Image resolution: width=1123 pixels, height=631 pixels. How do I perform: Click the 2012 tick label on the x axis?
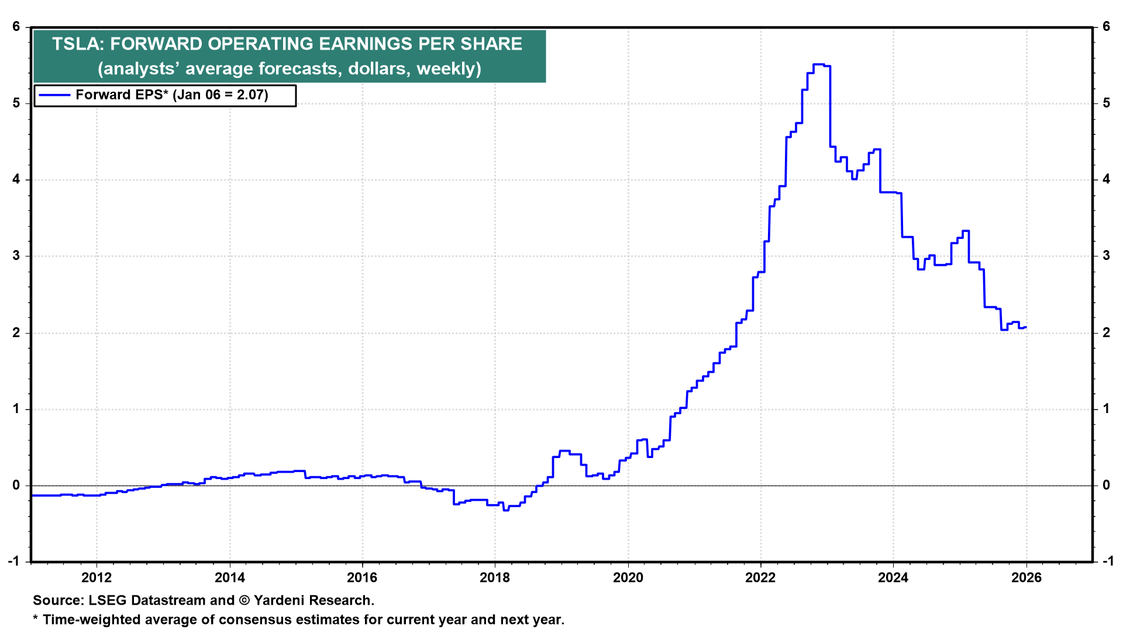tap(97, 578)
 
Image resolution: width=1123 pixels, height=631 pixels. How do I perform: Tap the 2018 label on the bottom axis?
tap(495, 578)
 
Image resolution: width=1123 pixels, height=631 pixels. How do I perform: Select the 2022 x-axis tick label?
tap(760, 578)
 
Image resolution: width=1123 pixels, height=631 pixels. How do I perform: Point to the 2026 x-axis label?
tap(1026, 578)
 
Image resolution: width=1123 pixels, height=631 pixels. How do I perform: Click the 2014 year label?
tap(230, 578)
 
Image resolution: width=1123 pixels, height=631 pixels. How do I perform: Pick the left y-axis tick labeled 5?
tap(16, 103)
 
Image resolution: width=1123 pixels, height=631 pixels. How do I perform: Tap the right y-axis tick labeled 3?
tap(1106, 256)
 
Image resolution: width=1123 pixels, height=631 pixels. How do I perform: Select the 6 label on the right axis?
tap(1106, 27)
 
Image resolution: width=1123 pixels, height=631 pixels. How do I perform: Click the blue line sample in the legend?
tap(54, 95)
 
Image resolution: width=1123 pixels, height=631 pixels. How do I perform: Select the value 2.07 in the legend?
tap(252, 95)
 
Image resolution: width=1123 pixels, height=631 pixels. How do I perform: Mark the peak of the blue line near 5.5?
tap(819, 64)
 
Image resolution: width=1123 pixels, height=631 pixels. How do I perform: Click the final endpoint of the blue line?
tap(1026, 327)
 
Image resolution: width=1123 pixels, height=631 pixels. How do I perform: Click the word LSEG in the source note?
tap(108, 601)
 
